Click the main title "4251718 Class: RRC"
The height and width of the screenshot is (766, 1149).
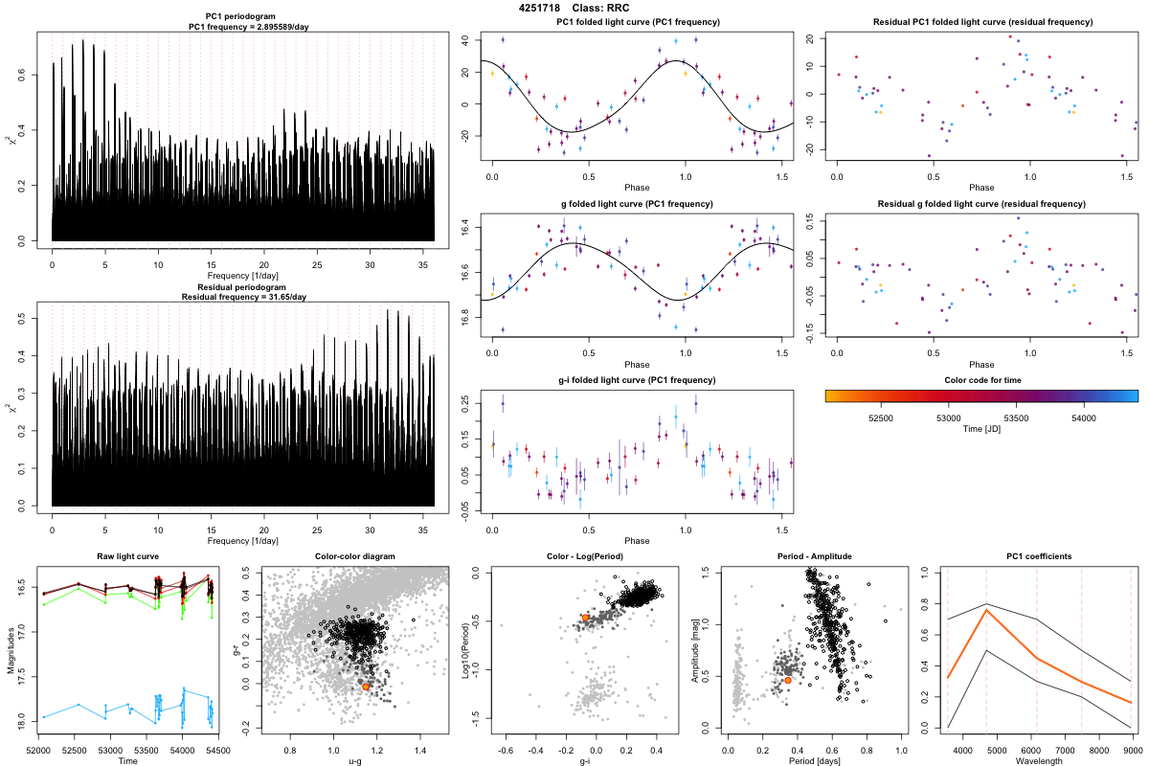coord(574,8)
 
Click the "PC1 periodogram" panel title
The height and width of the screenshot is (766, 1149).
coord(243,18)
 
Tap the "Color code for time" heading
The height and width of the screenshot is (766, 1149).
coord(980,380)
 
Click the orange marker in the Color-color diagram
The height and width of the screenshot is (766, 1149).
coord(366,687)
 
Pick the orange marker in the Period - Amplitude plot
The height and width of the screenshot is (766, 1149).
coord(787,680)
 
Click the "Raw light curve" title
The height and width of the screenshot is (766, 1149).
coord(127,557)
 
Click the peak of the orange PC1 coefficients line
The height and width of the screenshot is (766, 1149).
coord(986,609)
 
